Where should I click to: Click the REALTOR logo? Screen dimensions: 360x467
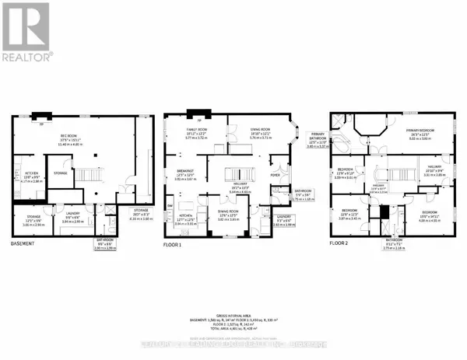pos(27,32)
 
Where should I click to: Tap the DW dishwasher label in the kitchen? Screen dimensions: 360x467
pos(169,205)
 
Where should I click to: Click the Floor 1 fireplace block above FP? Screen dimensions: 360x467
pos(199,114)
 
